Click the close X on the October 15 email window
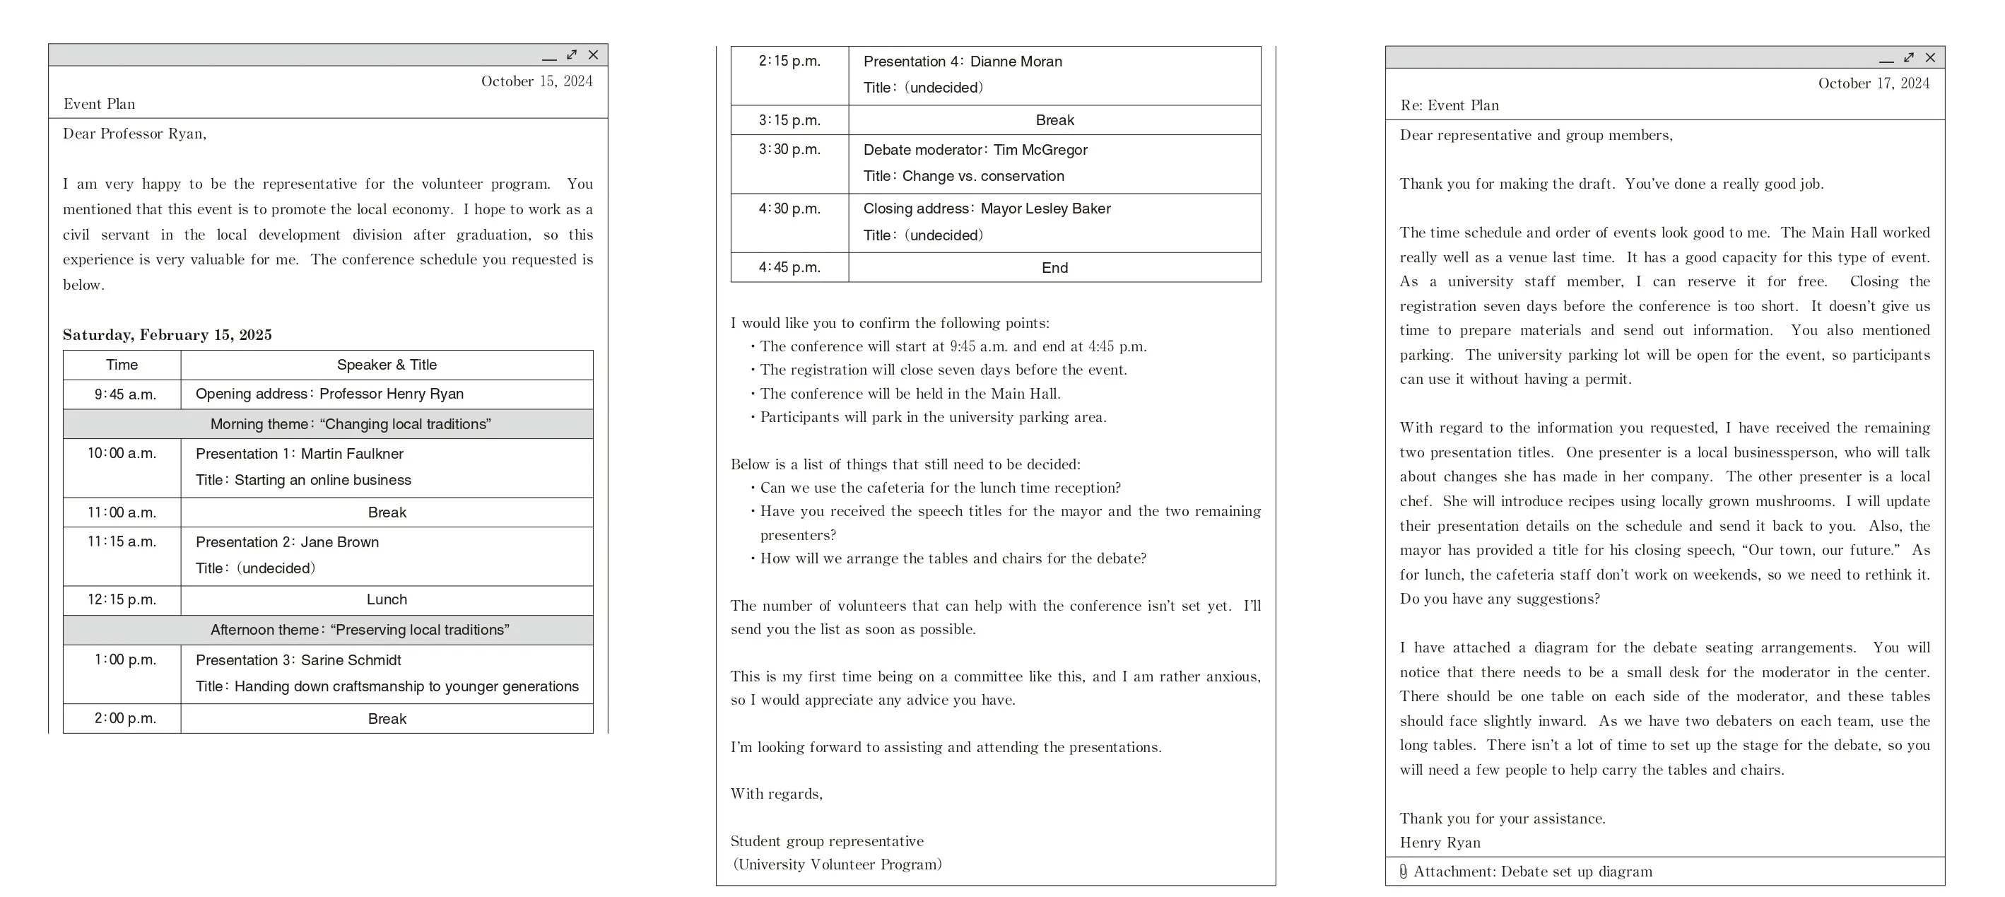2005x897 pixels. pos(593,54)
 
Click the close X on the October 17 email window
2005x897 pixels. pos(1929,58)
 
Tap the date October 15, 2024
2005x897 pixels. pos(536,81)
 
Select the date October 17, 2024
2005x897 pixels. pos(1874,83)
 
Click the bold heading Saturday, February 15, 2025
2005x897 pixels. pos(167,335)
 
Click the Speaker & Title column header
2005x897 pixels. pos(387,365)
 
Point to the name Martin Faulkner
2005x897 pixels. pos(352,453)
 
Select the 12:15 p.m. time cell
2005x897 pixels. pos(122,599)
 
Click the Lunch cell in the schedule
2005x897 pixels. pos(387,599)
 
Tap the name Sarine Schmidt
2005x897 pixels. pos(351,659)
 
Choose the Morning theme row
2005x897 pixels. pos(351,424)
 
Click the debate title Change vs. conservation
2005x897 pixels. pos(983,176)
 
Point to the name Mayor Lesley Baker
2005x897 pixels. pos(1045,209)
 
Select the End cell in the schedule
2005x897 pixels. pos(1054,268)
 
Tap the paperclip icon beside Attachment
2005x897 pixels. pos(1403,872)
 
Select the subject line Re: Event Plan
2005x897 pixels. pos(1450,105)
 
